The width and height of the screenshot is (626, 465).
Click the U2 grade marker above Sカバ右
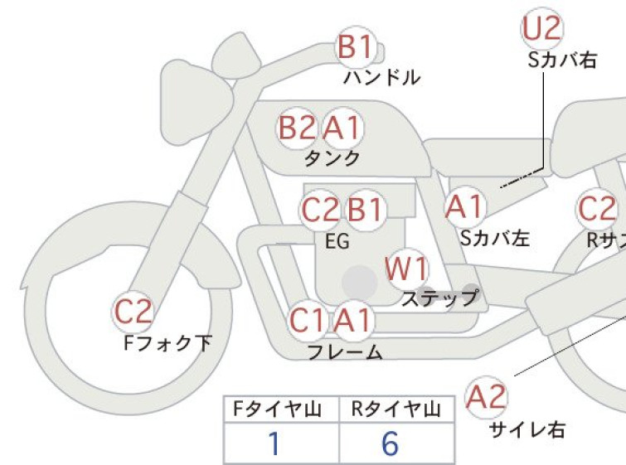point(542,29)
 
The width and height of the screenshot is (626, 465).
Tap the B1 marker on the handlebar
point(357,47)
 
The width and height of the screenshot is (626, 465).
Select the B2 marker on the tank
point(296,128)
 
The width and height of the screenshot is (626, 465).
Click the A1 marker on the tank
point(342,128)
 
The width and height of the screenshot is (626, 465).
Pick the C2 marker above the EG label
point(320,210)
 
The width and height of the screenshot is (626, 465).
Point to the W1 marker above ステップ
point(407,269)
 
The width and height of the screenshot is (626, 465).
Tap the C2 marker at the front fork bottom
point(133,312)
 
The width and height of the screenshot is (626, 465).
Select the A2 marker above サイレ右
point(486,398)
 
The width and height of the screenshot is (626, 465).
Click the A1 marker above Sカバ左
point(465,207)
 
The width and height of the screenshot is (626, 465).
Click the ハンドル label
point(381,77)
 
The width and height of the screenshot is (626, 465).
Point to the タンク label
point(332,158)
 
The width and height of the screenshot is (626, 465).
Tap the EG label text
point(337,241)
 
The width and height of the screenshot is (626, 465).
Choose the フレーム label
point(345,352)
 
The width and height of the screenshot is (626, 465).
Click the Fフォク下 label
point(167,343)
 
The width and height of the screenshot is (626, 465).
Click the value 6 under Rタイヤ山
point(390,443)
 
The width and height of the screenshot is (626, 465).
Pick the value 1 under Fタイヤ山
point(274,443)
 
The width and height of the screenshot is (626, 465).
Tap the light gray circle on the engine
point(360,282)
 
